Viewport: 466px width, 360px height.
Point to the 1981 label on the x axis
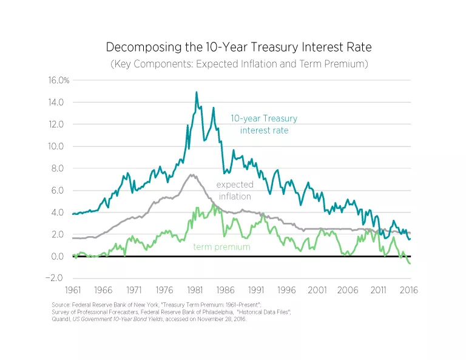pyautogui.click(x=195, y=291)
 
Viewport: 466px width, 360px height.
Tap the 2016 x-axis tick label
pyautogui.click(x=410, y=291)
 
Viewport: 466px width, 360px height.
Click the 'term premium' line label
pyautogui.click(x=221, y=247)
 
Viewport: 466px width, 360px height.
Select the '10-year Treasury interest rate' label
pyautogui.click(x=264, y=124)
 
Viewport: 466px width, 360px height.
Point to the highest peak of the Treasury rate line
pyautogui.click(x=196, y=92)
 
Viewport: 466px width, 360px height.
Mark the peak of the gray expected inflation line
pyautogui.click(x=192, y=175)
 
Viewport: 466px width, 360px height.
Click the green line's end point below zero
pyautogui.click(x=410, y=263)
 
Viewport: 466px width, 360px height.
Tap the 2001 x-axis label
pyautogui.click(x=318, y=291)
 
